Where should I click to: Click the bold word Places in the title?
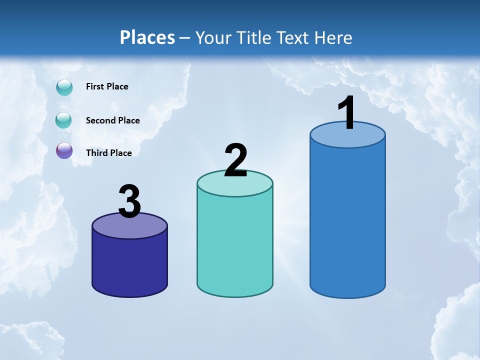pos(147,37)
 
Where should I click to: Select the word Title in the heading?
pos(254,37)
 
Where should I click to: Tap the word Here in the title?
pos(334,37)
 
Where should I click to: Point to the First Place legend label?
pos(107,86)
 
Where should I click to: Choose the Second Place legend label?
pos(112,120)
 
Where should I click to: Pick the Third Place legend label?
pos(108,153)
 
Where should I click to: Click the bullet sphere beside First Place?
pos(64,87)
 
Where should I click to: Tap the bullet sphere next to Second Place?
pos(63,120)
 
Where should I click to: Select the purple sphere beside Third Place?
pos(64,150)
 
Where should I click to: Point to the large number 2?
pos(235,160)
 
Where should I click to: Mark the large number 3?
pos(129,201)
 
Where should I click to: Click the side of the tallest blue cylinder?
pos(347,220)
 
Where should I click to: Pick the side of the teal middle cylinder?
pos(235,245)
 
